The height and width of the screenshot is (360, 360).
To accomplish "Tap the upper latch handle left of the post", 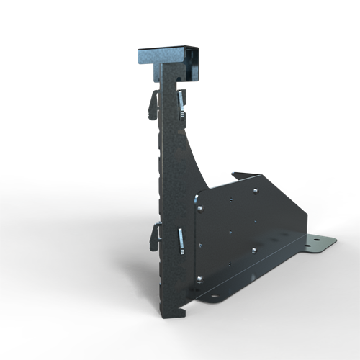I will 155,104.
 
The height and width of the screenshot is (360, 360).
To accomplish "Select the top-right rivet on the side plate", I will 255,192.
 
